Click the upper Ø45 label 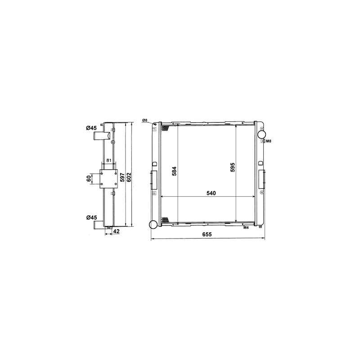coord(91,128)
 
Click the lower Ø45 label coord(92,217)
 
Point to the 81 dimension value coord(109,161)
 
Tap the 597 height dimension coord(122,177)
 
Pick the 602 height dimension coord(129,177)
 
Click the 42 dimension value coord(117,231)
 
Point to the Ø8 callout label coord(144,120)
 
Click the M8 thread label coord(268,141)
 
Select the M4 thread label coord(246,228)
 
